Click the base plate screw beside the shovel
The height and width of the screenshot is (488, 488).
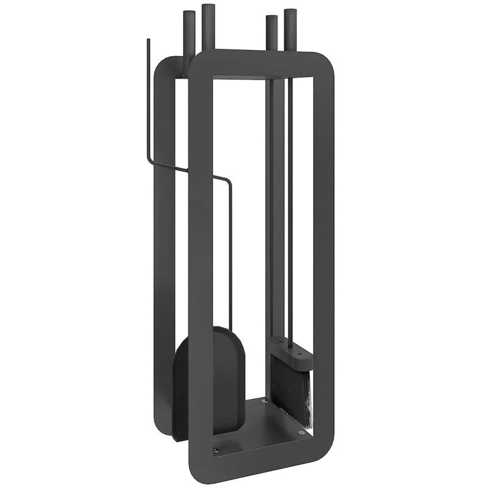coord(215,450)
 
